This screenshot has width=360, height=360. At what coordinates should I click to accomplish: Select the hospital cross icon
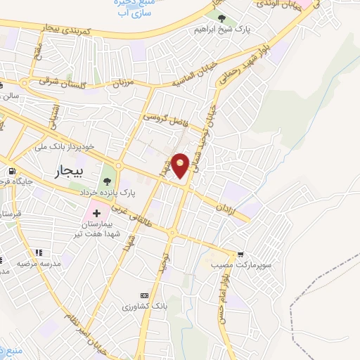pos(96,211)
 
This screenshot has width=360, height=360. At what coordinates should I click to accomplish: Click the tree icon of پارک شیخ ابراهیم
pos(221,18)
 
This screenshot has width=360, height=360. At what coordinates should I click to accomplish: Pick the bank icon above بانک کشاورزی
pos(145,295)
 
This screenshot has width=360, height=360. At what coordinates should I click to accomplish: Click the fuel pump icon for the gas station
pos(11,172)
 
